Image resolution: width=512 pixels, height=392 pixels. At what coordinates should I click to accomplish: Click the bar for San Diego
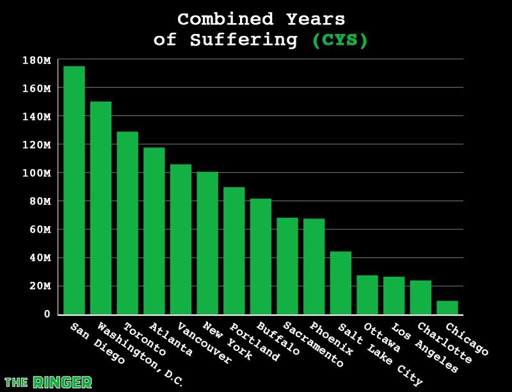pyautogui.click(x=74, y=190)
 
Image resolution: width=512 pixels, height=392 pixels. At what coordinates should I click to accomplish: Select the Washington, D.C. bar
pyautogui.click(x=100, y=208)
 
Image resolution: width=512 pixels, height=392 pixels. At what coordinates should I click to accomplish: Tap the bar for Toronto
pyautogui.click(x=127, y=223)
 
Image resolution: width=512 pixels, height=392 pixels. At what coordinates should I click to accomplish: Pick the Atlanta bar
pyautogui.click(x=154, y=231)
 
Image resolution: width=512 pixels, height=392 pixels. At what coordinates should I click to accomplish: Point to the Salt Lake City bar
pyautogui.click(x=340, y=282)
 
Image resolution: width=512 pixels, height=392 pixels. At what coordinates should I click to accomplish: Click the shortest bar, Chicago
pyautogui.click(x=447, y=307)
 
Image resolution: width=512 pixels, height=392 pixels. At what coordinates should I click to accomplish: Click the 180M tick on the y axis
pyautogui.click(x=36, y=60)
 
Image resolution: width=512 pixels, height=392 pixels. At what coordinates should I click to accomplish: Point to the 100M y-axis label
pyautogui.click(x=36, y=173)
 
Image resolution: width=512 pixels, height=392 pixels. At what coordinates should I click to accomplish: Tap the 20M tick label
pyautogui.click(x=39, y=286)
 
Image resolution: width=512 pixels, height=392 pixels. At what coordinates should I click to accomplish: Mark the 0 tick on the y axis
pyautogui.click(x=47, y=314)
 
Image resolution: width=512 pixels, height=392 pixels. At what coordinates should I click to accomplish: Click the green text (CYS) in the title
pyautogui.click(x=340, y=40)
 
